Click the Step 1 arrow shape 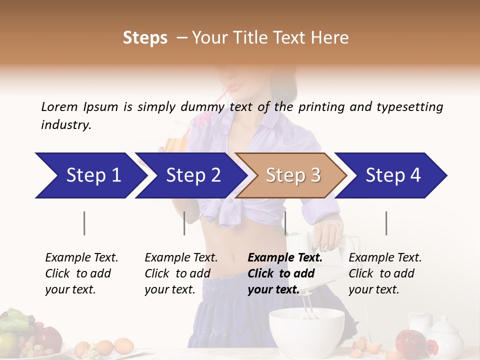tap(90, 175)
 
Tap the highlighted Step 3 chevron tap(292, 175)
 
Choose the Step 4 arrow tap(392, 175)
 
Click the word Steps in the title tap(145, 38)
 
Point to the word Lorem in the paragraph tap(59, 106)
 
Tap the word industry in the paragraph tap(65, 124)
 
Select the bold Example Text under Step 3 tap(285, 258)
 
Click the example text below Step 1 tap(81, 273)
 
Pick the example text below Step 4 tap(384, 273)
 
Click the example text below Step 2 tap(180, 273)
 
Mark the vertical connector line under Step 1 tap(84, 223)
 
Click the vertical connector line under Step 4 tap(386, 223)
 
